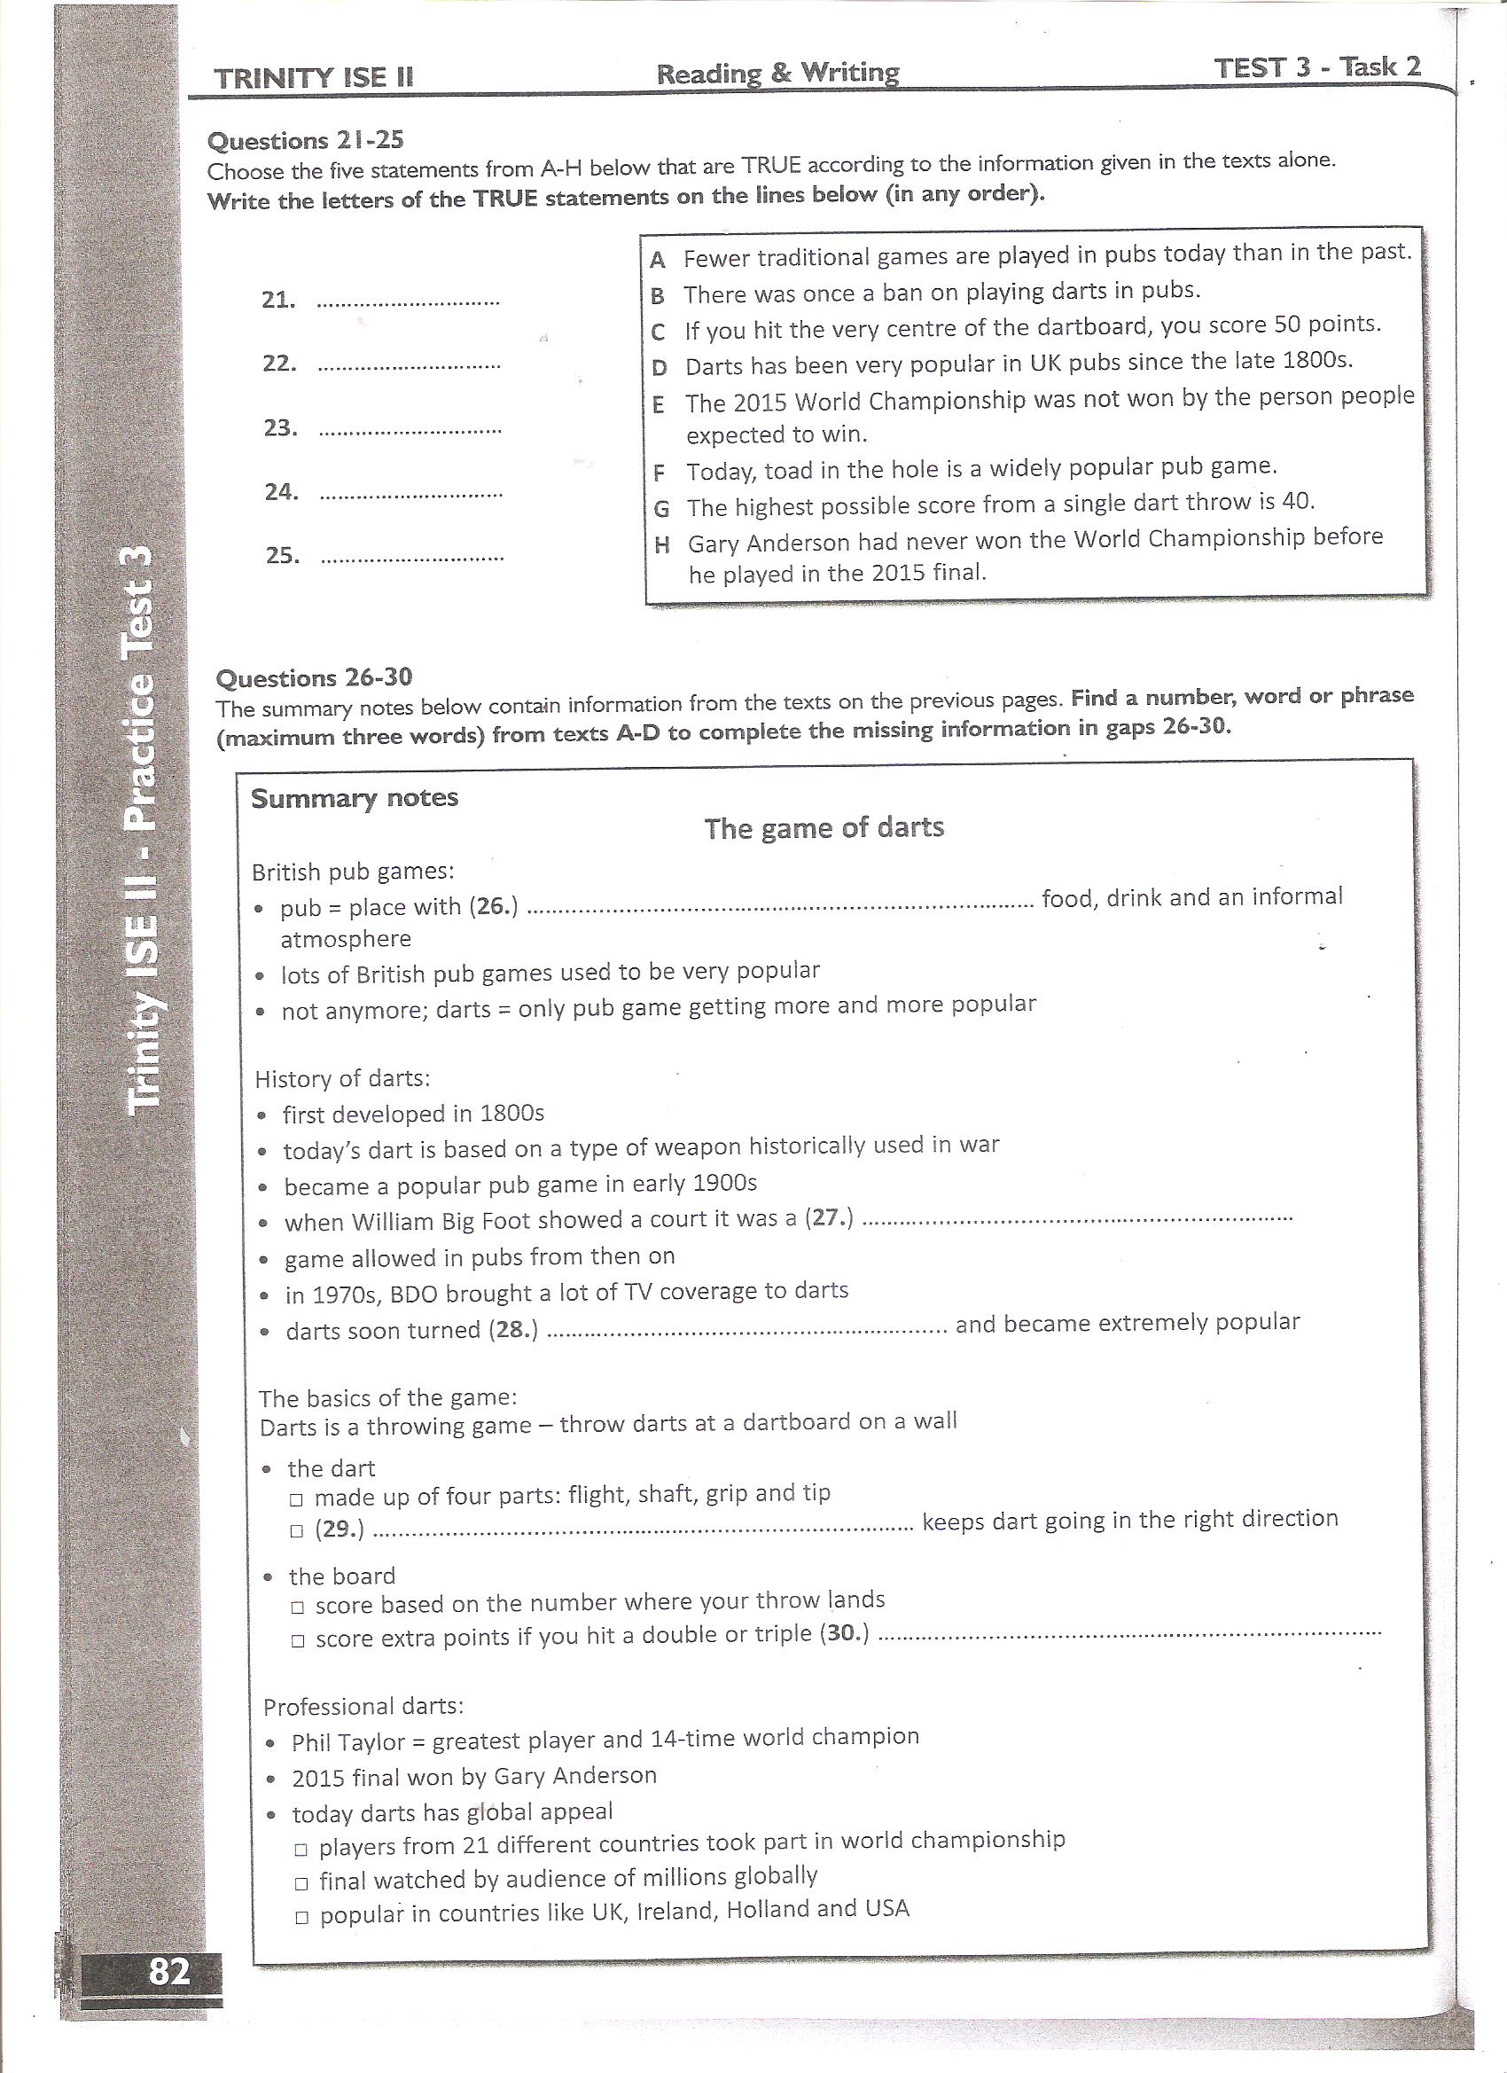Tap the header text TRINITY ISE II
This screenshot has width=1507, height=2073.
point(314,79)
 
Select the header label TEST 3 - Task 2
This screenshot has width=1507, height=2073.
point(1317,66)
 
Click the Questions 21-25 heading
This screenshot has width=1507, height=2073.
point(305,141)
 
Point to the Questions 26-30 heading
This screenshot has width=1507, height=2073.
point(314,677)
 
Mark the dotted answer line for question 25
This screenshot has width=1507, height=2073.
point(412,557)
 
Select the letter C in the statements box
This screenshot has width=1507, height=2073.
point(658,332)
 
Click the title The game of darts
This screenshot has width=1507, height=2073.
point(824,828)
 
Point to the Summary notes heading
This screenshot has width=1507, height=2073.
point(355,798)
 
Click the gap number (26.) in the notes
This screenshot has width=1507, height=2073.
point(494,907)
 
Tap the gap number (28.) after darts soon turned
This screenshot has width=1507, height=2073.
point(513,1330)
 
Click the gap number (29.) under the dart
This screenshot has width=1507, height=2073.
point(340,1529)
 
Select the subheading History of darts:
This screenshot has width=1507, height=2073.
point(342,1079)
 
